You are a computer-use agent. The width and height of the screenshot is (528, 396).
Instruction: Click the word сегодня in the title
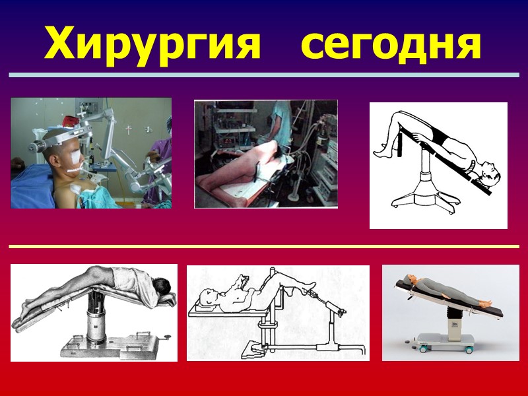pyautogui.click(x=391, y=47)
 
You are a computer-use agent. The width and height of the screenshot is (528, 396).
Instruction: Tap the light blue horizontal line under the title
pyautogui.click(x=264, y=75)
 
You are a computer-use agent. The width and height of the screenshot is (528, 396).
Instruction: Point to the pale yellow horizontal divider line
pyautogui.click(x=264, y=246)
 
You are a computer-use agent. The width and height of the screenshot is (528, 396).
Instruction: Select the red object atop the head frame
pyautogui.click(x=71, y=121)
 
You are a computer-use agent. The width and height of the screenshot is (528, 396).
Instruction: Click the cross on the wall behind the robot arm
pyautogui.click(x=128, y=129)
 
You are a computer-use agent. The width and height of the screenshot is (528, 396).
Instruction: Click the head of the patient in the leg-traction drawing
pyautogui.click(x=208, y=298)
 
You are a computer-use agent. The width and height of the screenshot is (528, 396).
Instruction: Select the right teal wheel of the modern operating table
pyautogui.click(x=469, y=350)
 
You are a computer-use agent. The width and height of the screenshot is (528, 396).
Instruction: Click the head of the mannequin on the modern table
pyautogui.click(x=409, y=278)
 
